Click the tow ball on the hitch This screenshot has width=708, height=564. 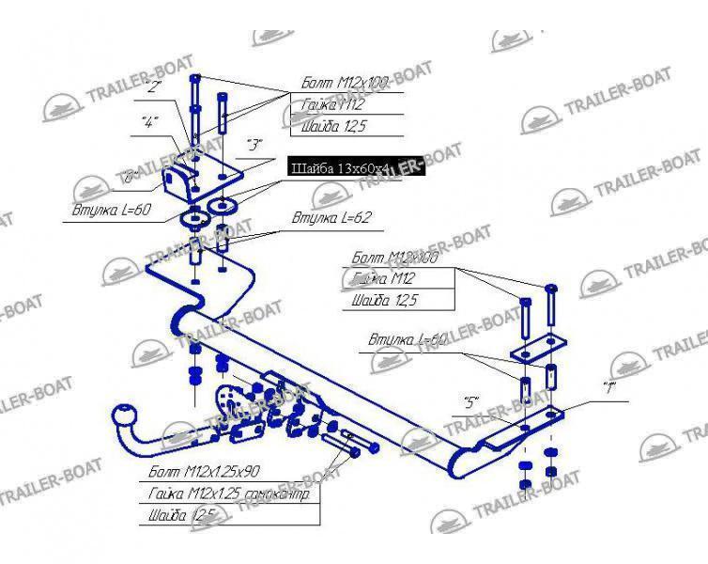125,415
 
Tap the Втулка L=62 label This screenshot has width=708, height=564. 319,217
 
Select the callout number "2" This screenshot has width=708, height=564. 155,88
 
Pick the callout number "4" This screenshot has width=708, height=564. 148,121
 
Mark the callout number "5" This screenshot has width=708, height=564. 471,403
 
